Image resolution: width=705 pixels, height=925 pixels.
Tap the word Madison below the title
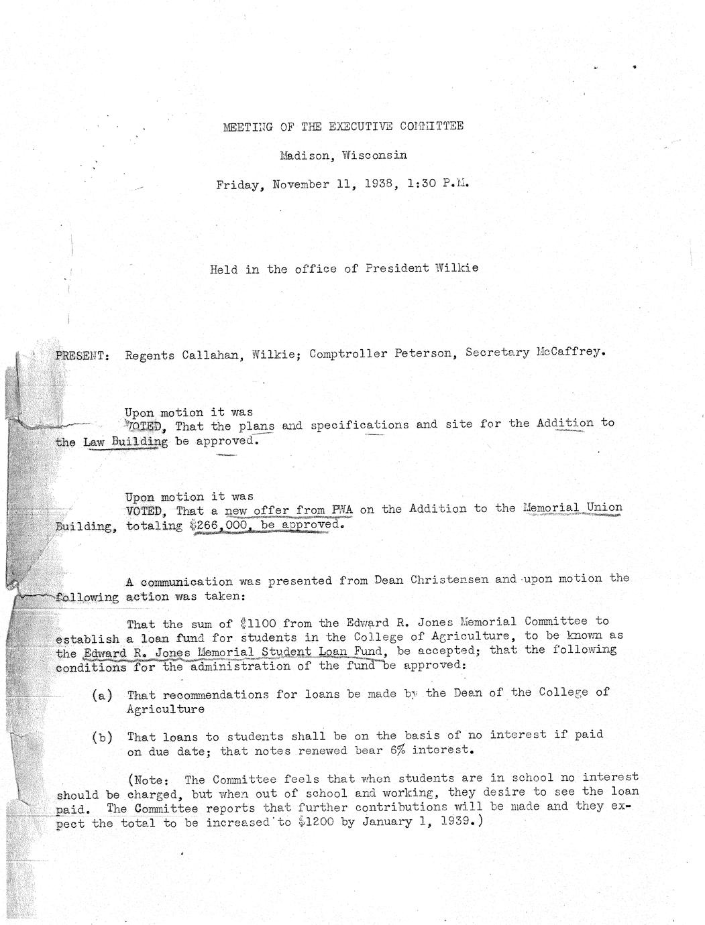[x=305, y=156]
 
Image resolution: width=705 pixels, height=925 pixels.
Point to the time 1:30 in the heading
[x=421, y=184]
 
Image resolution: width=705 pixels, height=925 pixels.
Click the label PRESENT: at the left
[x=82, y=355]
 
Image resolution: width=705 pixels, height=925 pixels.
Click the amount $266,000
[x=220, y=526]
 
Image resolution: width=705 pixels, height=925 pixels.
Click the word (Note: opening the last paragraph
[x=148, y=780]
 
